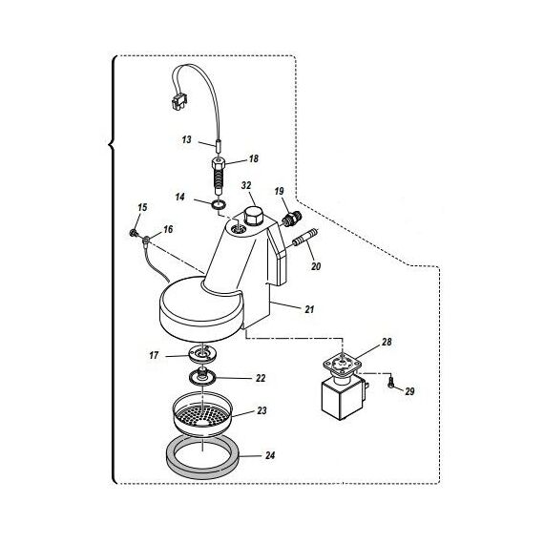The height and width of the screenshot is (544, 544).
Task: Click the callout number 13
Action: pyautogui.click(x=187, y=139)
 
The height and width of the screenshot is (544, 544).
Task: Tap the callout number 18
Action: pyautogui.click(x=254, y=158)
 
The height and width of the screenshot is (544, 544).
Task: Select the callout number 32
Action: pyautogui.click(x=246, y=185)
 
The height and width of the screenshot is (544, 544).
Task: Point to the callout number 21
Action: pyautogui.click(x=309, y=309)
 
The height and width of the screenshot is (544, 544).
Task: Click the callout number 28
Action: pyautogui.click(x=387, y=342)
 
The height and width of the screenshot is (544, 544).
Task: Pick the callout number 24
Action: pyautogui.click(x=270, y=455)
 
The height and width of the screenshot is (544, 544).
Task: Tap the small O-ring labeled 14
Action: pyautogui.click(x=219, y=204)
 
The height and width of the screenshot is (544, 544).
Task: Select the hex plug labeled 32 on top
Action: pyautogui.click(x=254, y=218)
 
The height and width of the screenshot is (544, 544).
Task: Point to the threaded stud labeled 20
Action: pyautogui.click(x=304, y=238)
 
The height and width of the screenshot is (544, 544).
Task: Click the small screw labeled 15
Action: pyautogui.click(x=133, y=233)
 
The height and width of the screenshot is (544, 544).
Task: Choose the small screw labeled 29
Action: pyautogui.click(x=391, y=384)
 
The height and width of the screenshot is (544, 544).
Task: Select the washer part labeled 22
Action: pyautogui.click(x=203, y=376)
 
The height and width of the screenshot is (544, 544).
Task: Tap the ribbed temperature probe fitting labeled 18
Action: pyautogui.click(x=219, y=176)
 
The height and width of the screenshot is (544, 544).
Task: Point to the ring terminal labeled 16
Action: pyautogui.click(x=146, y=239)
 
